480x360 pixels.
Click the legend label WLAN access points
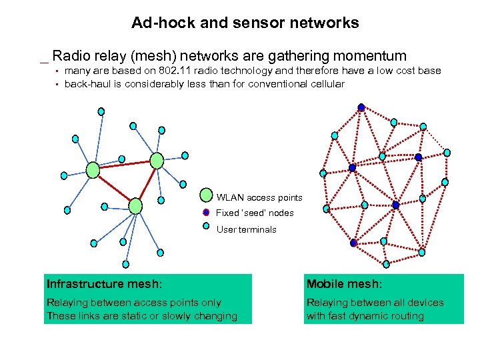pyautogui.click(x=259, y=197)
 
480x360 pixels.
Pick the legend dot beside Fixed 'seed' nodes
pyautogui.click(x=207, y=213)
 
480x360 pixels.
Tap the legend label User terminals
pyautogui.click(x=246, y=229)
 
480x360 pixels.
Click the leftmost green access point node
pyautogui.click(x=93, y=170)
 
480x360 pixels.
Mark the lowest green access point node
pyautogui.click(x=135, y=205)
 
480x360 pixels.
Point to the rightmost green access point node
pyautogui.click(x=157, y=160)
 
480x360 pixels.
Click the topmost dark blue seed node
pyautogui.click(x=361, y=107)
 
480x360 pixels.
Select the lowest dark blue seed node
pyautogui.click(x=354, y=243)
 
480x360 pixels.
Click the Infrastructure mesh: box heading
pyautogui.click(x=104, y=284)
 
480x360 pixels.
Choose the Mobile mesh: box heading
pyautogui.click(x=344, y=284)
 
